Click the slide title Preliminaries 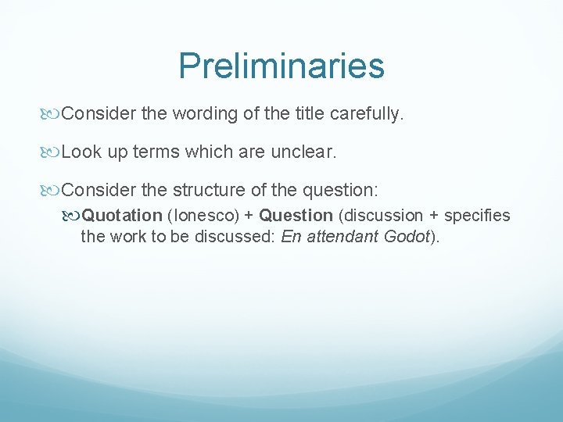tap(281, 66)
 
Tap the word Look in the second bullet tap(81, 152)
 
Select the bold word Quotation tap(123, 216)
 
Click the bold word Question tap(296, 216)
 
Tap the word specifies tap(477, 216)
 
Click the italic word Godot tap(407, 236)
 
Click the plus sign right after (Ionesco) tap(247, 216)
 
